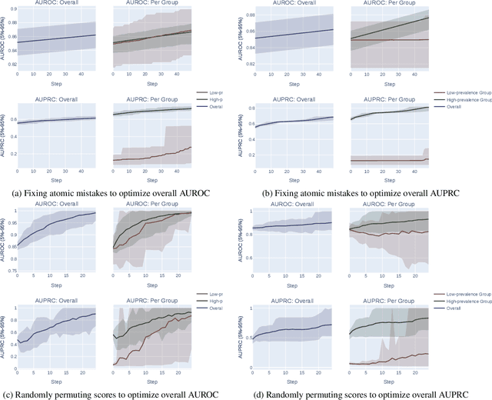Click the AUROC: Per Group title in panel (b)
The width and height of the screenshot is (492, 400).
click(384, 3)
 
